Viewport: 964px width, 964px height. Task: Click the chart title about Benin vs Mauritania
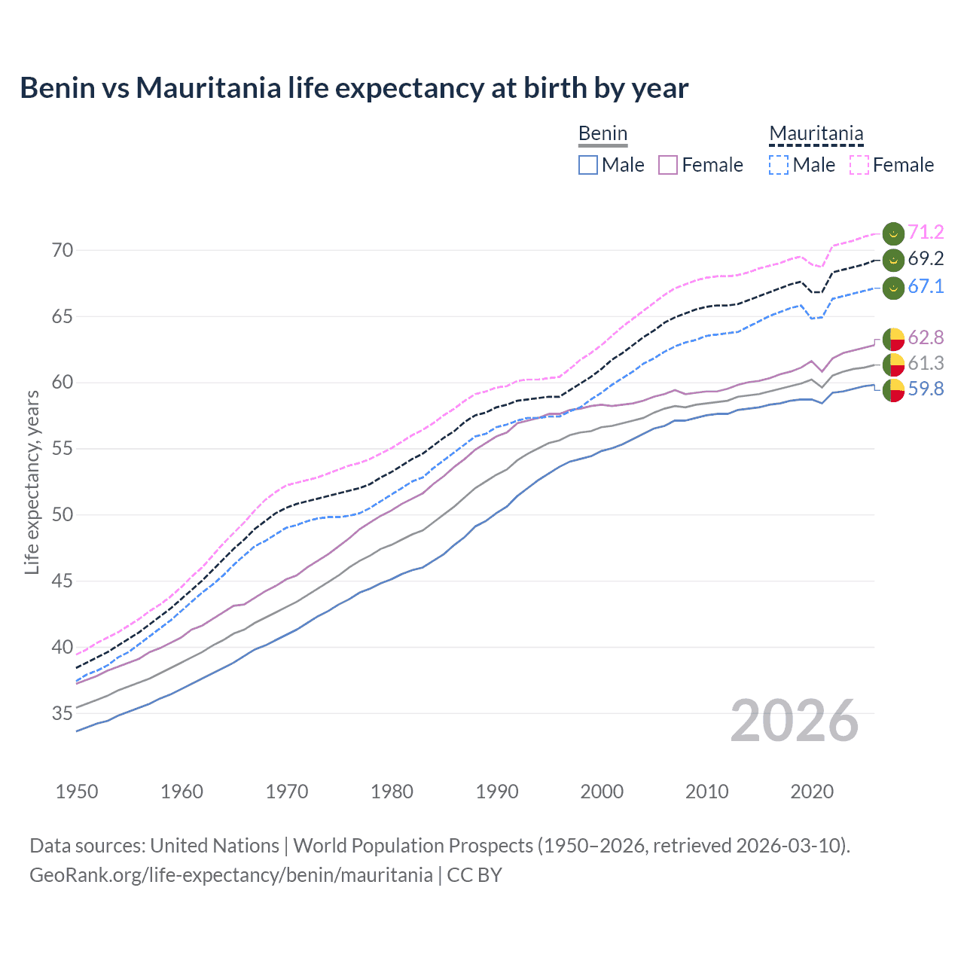[354, 88]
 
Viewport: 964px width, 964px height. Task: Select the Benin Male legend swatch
[588, 165]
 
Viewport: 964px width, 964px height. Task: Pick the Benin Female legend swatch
[668, 165]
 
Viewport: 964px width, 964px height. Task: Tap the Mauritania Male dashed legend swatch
[779, 165]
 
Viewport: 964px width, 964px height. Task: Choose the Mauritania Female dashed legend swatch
[859, 165]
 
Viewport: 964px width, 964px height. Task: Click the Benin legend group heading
[602, 134]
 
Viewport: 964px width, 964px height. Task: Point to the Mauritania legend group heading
[816, 134]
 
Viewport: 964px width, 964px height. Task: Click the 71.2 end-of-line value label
[926, 232]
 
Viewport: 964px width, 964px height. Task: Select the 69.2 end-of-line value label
[926, 259]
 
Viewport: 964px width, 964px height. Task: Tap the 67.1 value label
[926, 286]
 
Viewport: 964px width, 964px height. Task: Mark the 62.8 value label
[926, 337]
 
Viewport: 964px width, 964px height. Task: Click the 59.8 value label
[926, 389]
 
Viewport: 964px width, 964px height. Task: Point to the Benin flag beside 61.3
[893, 365]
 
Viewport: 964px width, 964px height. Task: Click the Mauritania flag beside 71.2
[893, 233]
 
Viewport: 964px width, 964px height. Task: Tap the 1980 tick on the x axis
[392, 792]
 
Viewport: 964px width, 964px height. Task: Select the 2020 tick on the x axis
[812, 792]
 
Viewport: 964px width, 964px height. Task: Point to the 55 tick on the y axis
[63, 449]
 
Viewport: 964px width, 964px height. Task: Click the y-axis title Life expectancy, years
[32, 482]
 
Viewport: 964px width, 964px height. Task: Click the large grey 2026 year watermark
[795, 721]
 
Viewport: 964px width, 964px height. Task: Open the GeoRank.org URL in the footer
[231, 875]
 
